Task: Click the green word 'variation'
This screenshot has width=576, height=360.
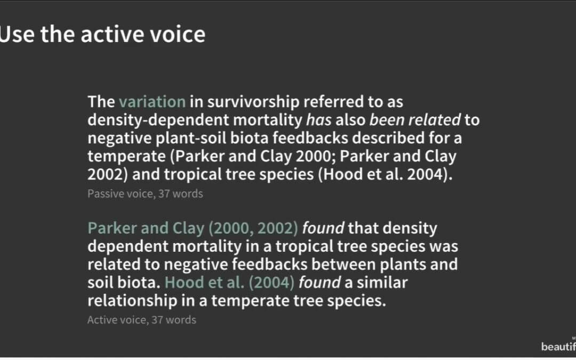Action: pos(152,102)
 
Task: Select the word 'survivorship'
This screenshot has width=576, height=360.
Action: pos(253,102)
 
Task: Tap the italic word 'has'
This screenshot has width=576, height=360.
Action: pos(318,120)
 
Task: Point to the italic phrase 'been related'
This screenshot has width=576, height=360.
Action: pos(415,120)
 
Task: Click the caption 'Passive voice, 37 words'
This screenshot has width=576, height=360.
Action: pos(145,194)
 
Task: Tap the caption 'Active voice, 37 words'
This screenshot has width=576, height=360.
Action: pos(142,319)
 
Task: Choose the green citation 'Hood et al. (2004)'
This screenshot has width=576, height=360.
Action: pos(229,283)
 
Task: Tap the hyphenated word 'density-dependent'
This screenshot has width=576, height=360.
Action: pos(158,121)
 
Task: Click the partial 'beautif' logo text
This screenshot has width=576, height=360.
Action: pos(558,346)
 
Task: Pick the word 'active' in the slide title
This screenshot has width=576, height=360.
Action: pos(113,34)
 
